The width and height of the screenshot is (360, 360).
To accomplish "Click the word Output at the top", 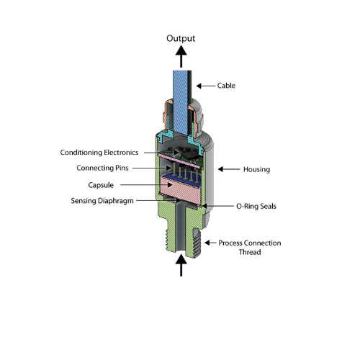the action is (x=181, y=39).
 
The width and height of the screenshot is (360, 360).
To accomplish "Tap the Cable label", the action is (x=226, y=86).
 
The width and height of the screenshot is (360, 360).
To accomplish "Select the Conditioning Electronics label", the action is (x=99, y=153).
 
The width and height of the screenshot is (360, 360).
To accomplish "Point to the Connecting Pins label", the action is (x=102, y=168).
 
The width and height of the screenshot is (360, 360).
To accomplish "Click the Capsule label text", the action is (x=101, y=185).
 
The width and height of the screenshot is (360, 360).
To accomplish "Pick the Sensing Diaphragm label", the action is (x=102, y=201).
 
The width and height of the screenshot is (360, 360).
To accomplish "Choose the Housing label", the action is (x=256, y=169).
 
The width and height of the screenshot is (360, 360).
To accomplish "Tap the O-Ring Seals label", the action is (x=256, y=206).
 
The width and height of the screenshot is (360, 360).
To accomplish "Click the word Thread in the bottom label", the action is (x=250, y=252).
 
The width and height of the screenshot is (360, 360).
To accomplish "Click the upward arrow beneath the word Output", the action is (x=181, y=57).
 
